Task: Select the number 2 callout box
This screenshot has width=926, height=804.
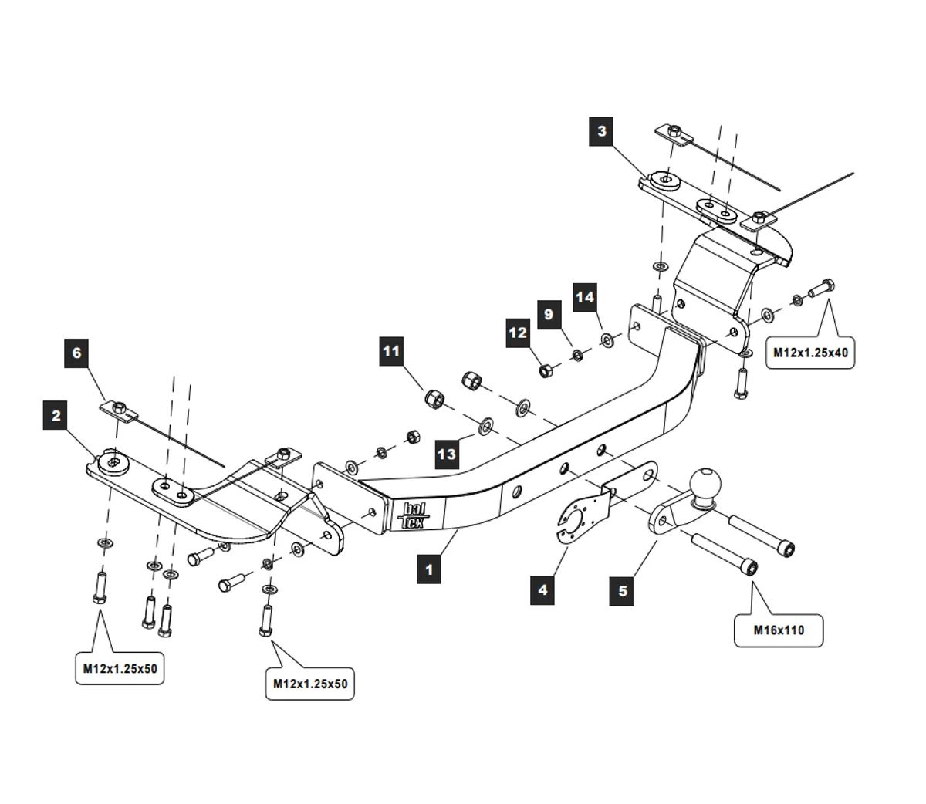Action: (56, 416)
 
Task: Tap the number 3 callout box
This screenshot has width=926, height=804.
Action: (602, 130)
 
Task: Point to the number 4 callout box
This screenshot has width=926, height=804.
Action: (542, 589)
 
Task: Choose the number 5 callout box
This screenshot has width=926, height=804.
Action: (623, 591)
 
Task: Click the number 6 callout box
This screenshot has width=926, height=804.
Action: (76, 353)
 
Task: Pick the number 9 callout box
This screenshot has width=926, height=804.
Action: (549, 314)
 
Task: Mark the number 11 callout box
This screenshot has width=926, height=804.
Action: (392, 352)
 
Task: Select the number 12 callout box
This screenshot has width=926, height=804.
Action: (518, 333)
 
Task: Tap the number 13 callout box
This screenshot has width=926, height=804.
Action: (447, 454)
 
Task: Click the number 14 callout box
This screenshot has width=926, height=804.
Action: (585, 297)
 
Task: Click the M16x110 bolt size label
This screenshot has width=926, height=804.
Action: (779, 630)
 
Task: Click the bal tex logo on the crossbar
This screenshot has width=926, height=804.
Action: (411, 515)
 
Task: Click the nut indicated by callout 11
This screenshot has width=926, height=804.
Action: (434, 398)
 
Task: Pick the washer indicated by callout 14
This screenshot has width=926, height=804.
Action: (607, 337)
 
